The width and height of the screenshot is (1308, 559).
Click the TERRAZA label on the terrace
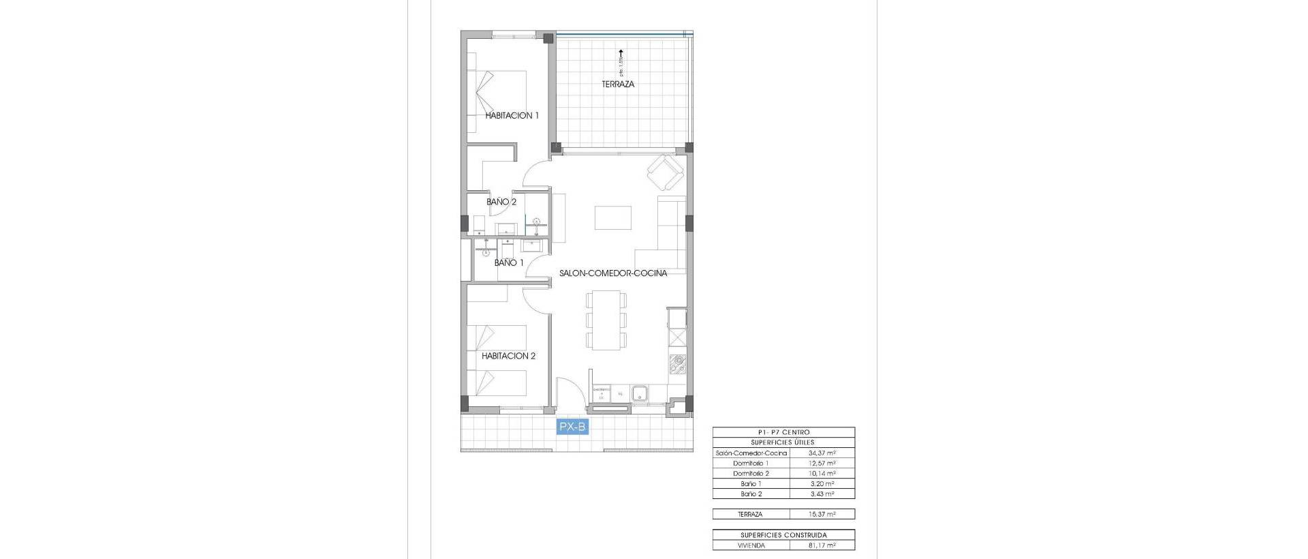coord(618,85)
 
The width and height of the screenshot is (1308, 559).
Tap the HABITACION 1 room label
coord(512,116)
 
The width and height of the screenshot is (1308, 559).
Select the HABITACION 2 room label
coord(508,356)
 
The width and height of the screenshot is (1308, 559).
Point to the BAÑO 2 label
coord(501,202)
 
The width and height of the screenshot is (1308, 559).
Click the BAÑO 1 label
coord(509,262)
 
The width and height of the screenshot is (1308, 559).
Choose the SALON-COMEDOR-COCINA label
coord(613,273)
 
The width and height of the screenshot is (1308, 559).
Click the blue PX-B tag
coord(572,427)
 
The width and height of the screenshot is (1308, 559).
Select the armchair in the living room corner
coord(664,173)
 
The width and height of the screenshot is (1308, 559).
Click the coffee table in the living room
coord(612,218)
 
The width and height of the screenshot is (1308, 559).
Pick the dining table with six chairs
coord(606,319)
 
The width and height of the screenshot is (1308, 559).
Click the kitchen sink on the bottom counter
coord(640,393)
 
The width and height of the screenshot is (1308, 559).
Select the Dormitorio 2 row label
coord(751,474)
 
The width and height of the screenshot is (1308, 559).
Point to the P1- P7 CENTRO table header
coord(783,432)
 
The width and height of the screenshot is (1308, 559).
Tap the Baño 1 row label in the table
coord(751,484)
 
